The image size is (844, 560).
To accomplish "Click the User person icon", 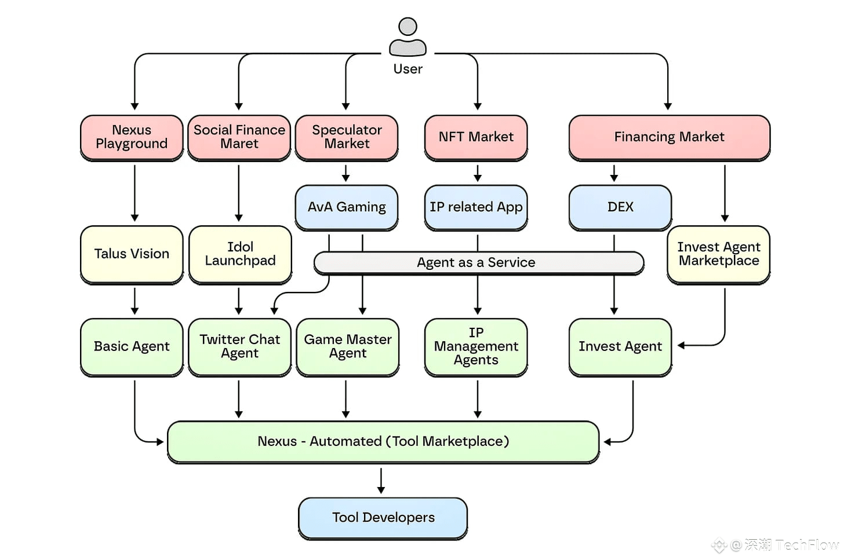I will [x=408, y=36].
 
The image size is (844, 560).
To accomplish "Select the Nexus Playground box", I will [x=132, y=137].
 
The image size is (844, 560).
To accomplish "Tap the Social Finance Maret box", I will [x=239, y=137].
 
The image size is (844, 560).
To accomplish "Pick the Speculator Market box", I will [x=347, y=137].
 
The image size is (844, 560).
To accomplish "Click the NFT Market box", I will [x=476, y=137].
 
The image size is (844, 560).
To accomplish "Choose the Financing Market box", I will [x=670, y=137].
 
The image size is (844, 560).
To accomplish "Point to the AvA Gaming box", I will [x=347, y=207].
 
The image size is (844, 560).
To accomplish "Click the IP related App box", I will [x=476, y=207].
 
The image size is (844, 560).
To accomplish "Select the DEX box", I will [x=620, y=207].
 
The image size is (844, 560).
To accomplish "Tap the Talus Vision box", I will [x=132, y=254].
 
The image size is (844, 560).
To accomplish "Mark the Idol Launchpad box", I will [x=240, y=254].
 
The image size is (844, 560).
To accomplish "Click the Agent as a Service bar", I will [x=478, y=263].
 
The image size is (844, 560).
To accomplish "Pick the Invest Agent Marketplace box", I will [x=719, y=254].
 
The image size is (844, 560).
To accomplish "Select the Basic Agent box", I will [x=132, y=347].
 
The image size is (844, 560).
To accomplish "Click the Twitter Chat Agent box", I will [x=239, y=347].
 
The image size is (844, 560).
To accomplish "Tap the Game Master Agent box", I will [x=348, y=347].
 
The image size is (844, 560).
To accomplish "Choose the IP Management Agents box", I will [x=476, y=347].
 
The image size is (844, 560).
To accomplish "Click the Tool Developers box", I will [x=383, y=518].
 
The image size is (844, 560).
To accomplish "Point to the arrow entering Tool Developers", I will [x=381, y=482].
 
